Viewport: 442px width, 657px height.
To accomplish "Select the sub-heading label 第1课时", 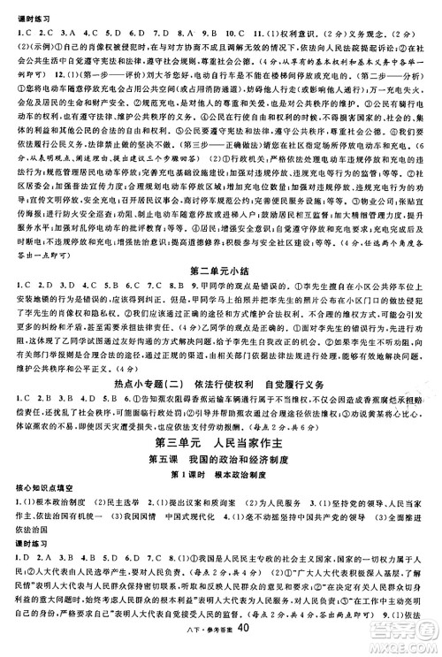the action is click(x=180, y=453).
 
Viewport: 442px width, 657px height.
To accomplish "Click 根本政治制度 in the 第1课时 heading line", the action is click(x=239, y=453).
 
